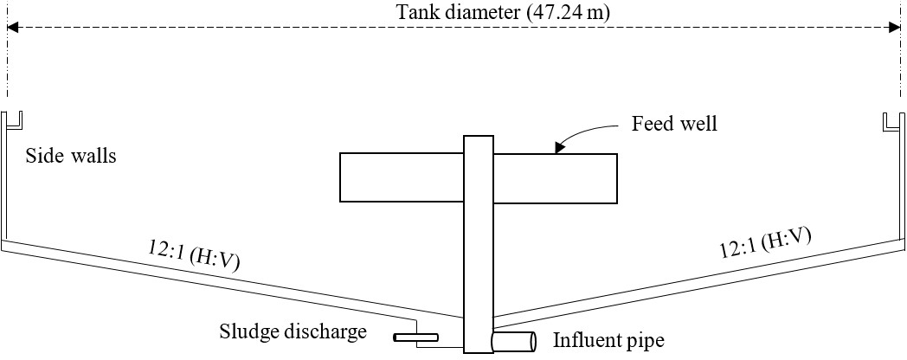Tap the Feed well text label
click(x=675, y=125)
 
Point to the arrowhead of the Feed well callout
click(x=558, y=149)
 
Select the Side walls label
click(x=69, y=157)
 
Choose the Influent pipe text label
click(x=608, y=340)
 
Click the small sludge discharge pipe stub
click(x=415, y=337)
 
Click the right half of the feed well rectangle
click(x=555, y=178)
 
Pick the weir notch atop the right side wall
click(x=891, y=122)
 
